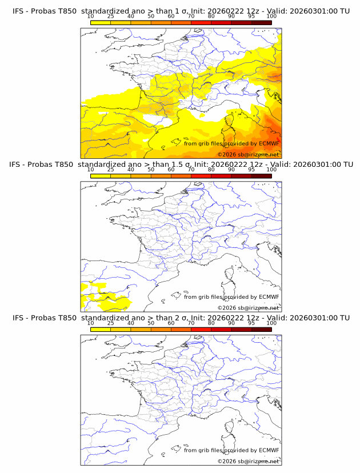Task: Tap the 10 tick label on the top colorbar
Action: click(90, 16)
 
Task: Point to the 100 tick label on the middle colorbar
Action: click(271, 170)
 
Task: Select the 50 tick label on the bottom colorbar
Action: click(151, 323)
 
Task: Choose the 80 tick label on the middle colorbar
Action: click(211, 170)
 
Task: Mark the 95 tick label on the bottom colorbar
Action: click(251, 323)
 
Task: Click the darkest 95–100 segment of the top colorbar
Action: click(261, 22)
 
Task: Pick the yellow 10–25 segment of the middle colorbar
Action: click(100, 176)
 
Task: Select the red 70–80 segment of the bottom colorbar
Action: click(201, 329)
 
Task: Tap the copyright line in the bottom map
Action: click(249, 461)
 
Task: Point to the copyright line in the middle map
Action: click(249, 308)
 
